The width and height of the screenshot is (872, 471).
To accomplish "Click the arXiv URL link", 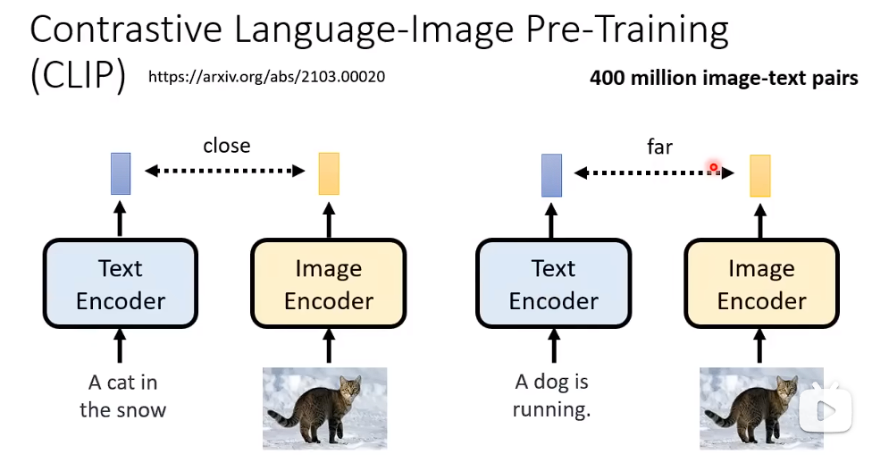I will pyautogui.click(x=266, y=77).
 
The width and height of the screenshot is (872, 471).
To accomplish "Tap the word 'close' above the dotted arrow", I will pyautogui.click(x=226, y=146).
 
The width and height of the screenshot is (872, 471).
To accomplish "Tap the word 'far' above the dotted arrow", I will pyautogui.click(x=659, y=147).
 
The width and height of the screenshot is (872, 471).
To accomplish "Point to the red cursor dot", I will pyautogui.click(x=714, y=167).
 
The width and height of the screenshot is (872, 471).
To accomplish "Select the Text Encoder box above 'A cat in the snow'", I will pyautogui.click(x=121, y=284).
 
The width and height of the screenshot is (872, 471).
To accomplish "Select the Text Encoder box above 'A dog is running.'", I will pyautogui.click(x=553, y=284).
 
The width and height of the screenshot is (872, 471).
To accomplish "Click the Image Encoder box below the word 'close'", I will pyautogui.click(x=329, y=284).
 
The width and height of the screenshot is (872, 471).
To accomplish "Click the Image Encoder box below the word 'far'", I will pyautogui.click(x=761, y=284).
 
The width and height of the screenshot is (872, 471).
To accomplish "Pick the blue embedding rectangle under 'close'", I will pyautogui.click(x=121, y=173).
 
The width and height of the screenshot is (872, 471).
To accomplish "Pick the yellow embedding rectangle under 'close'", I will pyautogui.click(x=329, y=174).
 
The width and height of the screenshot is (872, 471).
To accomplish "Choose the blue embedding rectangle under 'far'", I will pyautogui.click(x=552, y=174).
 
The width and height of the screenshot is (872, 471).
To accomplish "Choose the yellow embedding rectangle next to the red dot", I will pyautogui.click(x=760, y=175).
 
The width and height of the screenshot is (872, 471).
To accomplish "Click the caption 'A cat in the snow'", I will pyautogui.click(x=122, y=396).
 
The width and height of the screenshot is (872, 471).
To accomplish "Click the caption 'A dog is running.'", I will pyautogui.click(x=552, y=396).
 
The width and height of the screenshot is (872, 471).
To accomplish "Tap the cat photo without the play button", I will pyautogui.click(x=324, y=408).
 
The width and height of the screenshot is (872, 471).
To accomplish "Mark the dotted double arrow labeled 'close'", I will pyautogui.click(x=225, y=170).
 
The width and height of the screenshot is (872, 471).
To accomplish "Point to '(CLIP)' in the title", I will pyautogui.click(x=78, y=77).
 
